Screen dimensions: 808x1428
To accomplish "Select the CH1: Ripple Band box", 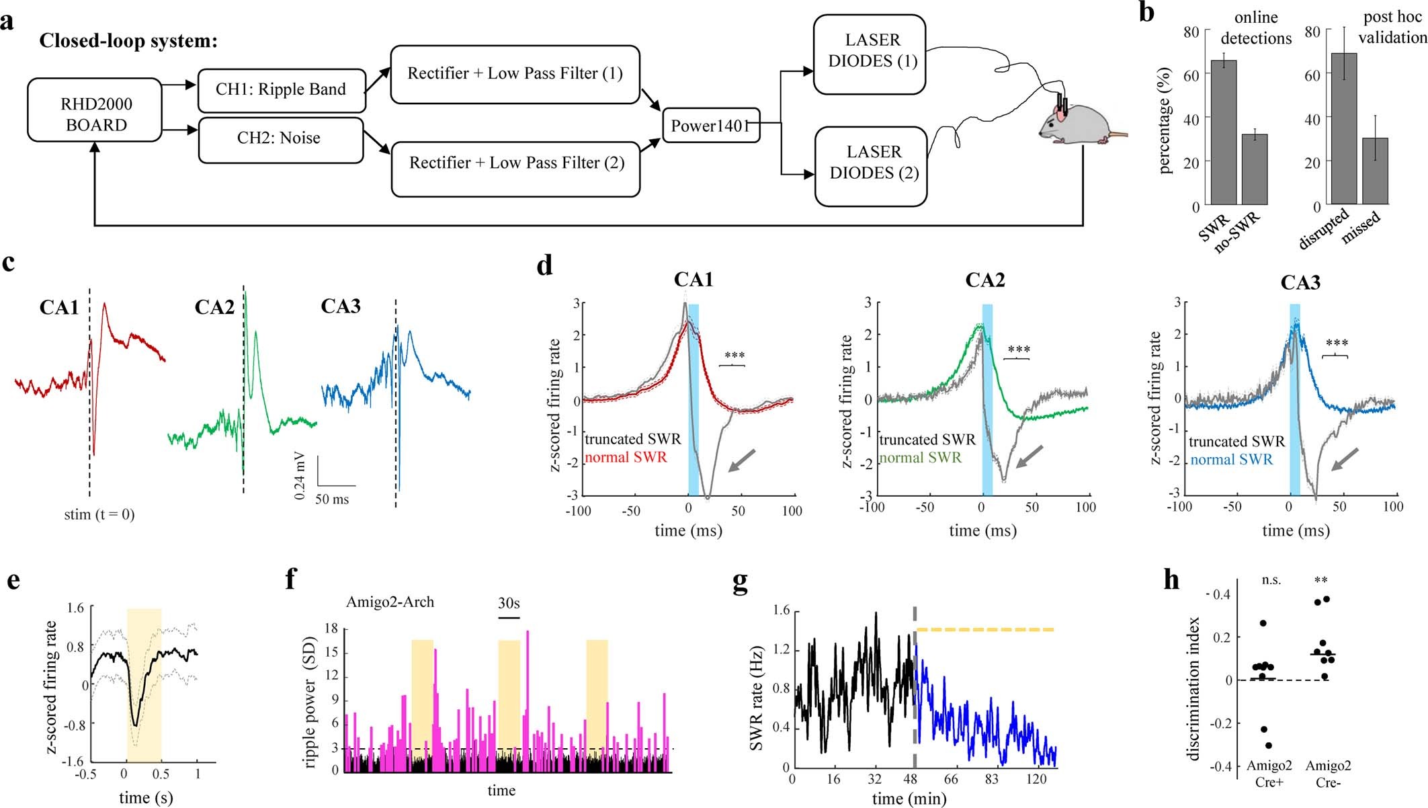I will click(281, 90).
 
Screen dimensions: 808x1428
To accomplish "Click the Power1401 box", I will click(710, 126).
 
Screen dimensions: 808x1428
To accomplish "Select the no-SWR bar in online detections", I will click(1254, 169).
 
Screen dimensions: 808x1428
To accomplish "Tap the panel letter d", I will click(544, 266).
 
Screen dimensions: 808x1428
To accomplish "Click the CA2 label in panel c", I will click(214, 308).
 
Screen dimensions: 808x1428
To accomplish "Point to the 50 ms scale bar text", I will click(332, 499).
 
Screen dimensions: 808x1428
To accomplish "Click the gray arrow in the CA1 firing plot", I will click(741, 460).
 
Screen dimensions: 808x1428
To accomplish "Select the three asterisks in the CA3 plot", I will click(1337, 344).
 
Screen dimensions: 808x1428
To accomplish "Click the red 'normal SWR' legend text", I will click(626, 458).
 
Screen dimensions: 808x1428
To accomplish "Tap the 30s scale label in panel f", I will click(509, 603).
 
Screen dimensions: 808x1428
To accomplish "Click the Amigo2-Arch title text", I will click(390, 602).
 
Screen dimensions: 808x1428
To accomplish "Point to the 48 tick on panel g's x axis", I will click(911, 779).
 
